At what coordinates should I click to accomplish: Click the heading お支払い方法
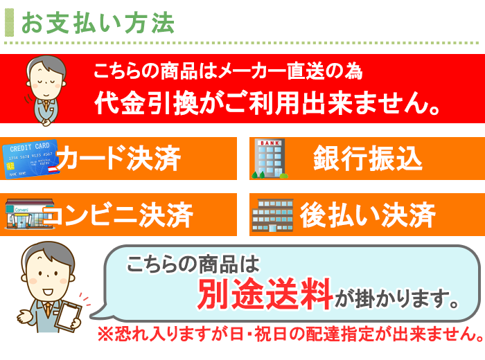coord(98,23)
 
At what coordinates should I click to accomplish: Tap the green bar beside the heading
coord(9,23)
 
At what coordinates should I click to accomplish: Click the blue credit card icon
coord(30,159)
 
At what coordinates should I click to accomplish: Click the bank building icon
coord(270,159)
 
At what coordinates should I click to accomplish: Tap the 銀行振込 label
coord(368,159)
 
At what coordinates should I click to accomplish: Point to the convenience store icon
coord(29,214)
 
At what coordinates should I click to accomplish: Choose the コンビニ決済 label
coord(118,215)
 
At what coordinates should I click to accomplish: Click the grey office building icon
coord(272,215)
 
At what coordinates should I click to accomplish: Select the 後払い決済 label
coord(368,215)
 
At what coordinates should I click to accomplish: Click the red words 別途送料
coord(265,294)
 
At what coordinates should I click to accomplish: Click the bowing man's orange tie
coord(46,106)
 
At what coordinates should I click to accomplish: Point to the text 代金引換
coord(146,103)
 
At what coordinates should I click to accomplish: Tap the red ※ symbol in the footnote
coord(106,334)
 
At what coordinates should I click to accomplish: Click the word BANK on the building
coord(270,143)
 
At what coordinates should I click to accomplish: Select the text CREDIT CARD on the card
coord(30,147)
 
